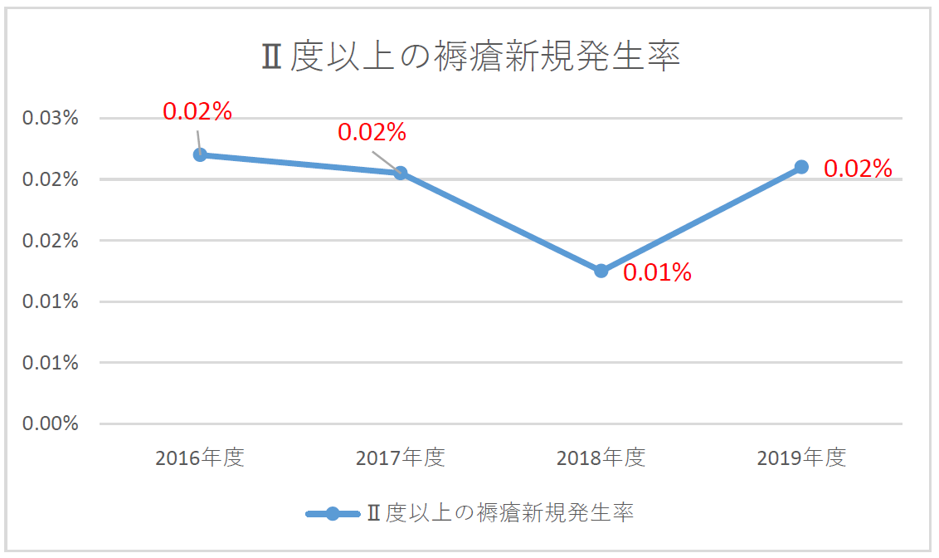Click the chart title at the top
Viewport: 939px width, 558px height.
[470, 57]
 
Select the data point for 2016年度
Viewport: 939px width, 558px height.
[200, 154]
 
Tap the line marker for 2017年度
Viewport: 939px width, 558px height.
[401, 173]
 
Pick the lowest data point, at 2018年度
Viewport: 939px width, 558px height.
[601, 271]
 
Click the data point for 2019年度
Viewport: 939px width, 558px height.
[801, 167]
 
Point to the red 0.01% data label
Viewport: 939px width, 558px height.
[657, 272]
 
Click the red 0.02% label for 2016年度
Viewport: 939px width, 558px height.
[197, 111]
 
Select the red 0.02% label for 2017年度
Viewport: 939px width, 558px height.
[372, 132]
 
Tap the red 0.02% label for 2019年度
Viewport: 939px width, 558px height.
[858, 169]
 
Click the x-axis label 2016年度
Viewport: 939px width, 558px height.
[200, 458]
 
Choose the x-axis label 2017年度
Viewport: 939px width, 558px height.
[401, 458]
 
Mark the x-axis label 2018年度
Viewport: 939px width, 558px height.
[601, 458]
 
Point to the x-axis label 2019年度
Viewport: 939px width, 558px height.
[801, 458]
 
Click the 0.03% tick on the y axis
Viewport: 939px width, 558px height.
[51, 118]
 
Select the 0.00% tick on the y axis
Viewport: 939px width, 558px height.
[51, 423]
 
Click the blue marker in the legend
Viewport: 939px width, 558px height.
[333, 513]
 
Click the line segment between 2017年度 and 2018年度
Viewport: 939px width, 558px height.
[501, 222]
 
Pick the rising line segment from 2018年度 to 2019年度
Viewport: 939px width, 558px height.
[702, 218]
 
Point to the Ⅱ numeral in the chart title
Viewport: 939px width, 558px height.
[270, 58]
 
